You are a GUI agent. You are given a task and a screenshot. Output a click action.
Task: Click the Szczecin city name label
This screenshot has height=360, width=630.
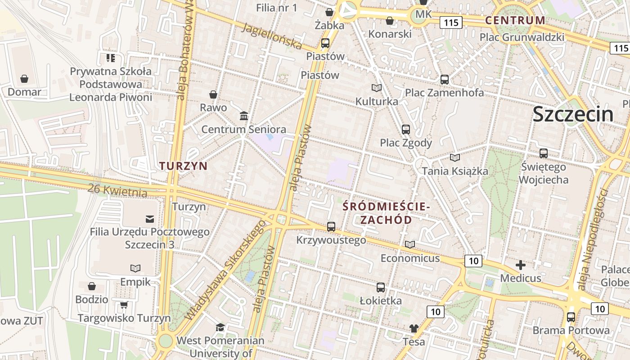[573, 114]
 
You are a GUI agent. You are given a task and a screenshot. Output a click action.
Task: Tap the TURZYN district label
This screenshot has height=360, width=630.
[184, 166]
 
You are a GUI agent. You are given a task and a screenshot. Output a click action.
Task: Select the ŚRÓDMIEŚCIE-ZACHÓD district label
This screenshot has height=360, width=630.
[386, 213]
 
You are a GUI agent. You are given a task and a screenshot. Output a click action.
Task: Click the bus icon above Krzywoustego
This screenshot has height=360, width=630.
[331, 226]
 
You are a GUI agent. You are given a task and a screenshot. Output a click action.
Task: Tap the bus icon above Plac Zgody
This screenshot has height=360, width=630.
[406, 130]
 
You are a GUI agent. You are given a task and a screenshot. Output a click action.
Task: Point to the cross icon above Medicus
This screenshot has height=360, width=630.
[521, 265]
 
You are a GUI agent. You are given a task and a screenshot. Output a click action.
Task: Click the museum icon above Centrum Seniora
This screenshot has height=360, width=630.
[244, 116]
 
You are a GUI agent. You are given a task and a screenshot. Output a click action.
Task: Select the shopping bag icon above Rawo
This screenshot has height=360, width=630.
[213, 94]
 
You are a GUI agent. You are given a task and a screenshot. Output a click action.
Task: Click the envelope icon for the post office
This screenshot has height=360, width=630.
[150, 219]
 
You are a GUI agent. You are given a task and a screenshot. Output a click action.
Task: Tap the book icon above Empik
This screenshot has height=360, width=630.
[135, 268]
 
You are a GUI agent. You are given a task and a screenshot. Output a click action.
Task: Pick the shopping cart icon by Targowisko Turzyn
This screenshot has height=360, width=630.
[124, 305]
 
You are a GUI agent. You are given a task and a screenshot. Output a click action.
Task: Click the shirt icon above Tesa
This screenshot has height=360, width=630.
[414, 328]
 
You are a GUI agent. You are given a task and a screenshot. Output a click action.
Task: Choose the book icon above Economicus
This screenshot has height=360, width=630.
[410, 244]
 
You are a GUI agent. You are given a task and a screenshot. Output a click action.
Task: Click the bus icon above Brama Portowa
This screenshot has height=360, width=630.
[571, 317]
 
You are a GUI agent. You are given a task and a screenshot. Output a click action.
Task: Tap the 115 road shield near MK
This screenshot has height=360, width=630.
[451, 22]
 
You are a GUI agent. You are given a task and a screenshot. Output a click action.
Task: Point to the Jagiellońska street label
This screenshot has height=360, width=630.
[272, 36]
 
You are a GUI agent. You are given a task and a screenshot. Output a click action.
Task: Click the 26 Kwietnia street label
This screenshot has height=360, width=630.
[117, 190]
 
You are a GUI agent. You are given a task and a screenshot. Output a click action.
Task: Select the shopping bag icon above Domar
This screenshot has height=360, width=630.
[24, 79]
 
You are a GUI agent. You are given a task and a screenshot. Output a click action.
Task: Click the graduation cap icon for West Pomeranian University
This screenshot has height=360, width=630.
[220, 327]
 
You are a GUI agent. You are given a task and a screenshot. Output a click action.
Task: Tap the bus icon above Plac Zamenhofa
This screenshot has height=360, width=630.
[445, 79]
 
